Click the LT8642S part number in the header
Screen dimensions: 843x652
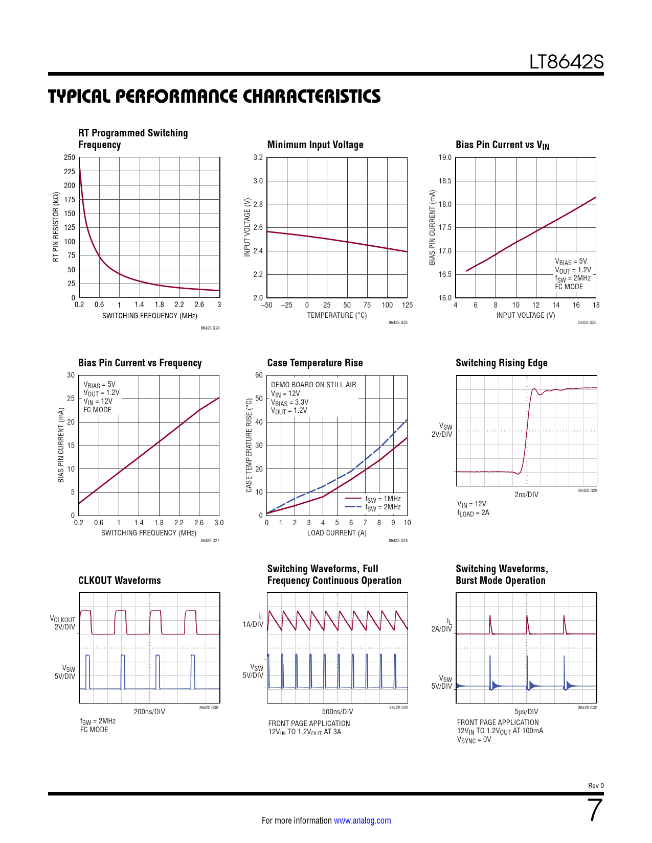tap(566, 62)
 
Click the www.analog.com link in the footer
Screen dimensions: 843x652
tap(362, 821)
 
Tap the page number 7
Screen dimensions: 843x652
tap(595, 810)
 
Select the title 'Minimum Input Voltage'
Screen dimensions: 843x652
tap(315, 145)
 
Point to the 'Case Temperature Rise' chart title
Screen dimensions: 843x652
tap(315, 363)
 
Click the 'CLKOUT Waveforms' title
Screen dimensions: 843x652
tap(119, 580)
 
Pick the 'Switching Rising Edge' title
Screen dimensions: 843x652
tap(501, 363)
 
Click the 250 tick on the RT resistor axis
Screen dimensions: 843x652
tap(70, 157)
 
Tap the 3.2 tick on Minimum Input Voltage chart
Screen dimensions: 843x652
tap(258, 157)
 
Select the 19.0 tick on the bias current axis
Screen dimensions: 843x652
tap(445, 157)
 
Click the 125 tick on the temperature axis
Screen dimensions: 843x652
tap(407, 305)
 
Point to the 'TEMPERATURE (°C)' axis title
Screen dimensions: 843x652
tap(336, 315)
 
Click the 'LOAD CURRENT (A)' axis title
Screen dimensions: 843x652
tap(336, 533)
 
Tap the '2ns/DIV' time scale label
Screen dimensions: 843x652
tap(526, 495)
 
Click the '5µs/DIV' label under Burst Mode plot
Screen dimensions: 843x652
tap(526, 712)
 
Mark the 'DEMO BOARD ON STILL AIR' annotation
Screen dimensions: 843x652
tap(313, 385)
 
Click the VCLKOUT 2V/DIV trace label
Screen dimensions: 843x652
tap(62, 623)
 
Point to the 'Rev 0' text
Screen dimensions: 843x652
tap(596, 785)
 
